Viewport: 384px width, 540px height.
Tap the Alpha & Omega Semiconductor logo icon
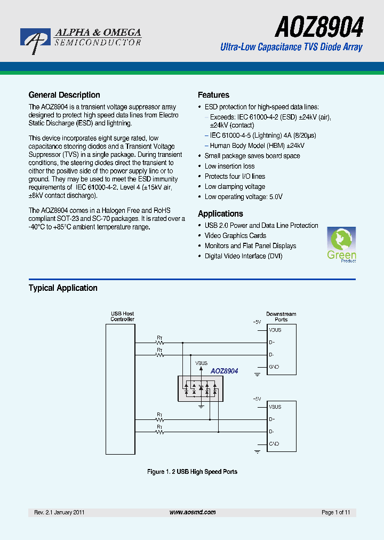coord(35,40)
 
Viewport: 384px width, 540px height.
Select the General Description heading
coord(64,95)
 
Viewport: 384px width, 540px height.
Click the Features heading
coord(213,95)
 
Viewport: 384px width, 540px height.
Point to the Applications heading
coord(220,213)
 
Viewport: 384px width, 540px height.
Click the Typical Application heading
coord(63,288)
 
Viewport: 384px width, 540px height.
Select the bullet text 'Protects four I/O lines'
coord(235,177)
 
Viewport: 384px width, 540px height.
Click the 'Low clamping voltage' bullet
coord(235,187)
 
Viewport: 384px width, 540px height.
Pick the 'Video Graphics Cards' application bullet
coord(235,236)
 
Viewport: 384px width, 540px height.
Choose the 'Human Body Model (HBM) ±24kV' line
coord(257,146)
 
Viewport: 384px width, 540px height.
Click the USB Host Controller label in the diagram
coord(122,316)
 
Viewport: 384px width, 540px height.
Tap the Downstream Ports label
coord(281,316)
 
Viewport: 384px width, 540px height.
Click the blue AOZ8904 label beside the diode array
coord(224,371)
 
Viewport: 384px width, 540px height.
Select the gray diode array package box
coord(201,388)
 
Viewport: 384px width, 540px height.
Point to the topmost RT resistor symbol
coord(159,343)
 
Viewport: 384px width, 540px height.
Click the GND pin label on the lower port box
coord(274,444)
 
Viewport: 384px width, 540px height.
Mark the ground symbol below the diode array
coord(201,407)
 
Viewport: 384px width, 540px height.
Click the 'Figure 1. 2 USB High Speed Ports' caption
coord(192,472)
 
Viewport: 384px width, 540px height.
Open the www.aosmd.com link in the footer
coord(193,512)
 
